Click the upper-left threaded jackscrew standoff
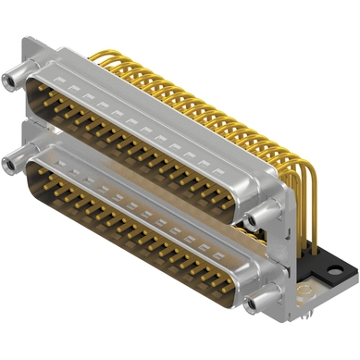(12, 81)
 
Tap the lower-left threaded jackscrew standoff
(11, 165)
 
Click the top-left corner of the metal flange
(29, 43)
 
